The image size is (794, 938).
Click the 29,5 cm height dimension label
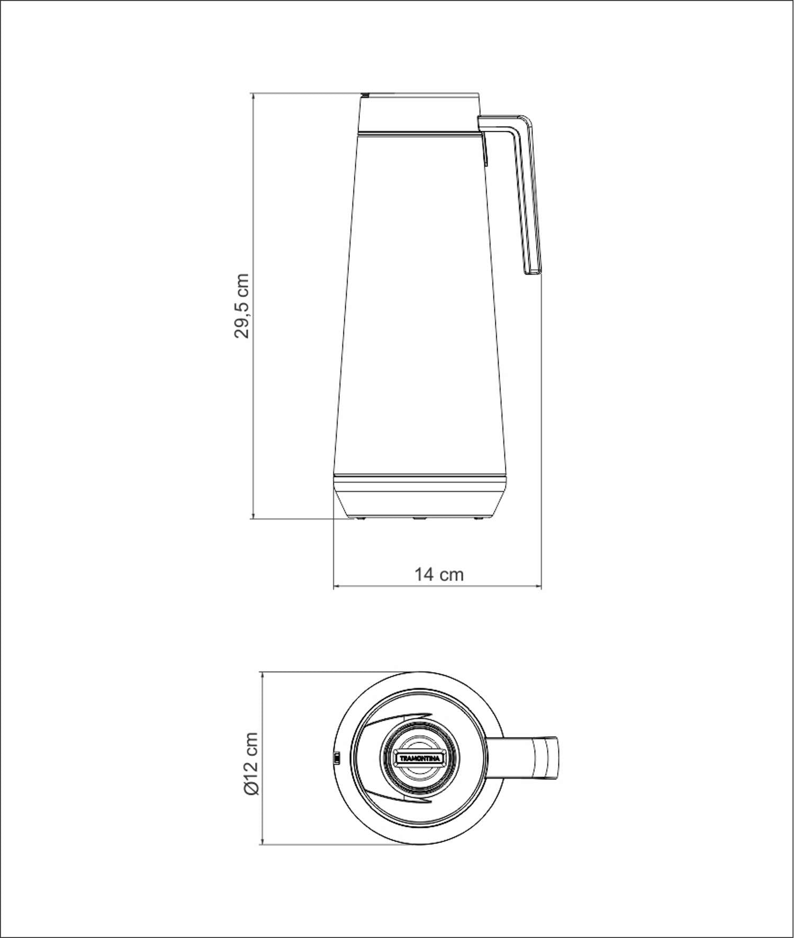pyautogui.click(x=241, y=306)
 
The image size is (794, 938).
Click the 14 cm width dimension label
pyautogui.click(x=439, y=574)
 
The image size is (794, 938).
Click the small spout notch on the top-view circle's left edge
pyautogui.click(x=336, y=759)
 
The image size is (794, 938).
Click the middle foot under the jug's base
pyautogui.click(x=420, y=519)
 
